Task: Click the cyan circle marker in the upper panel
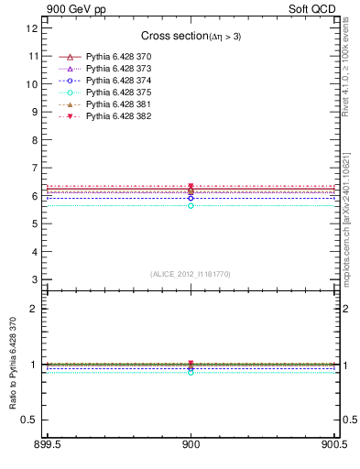(x=191, y=206)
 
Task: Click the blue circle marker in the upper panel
(x=191, y=198)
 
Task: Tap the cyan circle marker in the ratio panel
(x=191, y=373)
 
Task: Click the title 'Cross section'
(x=191, y=36)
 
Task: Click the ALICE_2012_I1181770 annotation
(x=191, y=274)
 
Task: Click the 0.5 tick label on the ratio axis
(x=31, y=420)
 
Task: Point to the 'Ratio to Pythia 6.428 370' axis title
(x=13, y=364)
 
